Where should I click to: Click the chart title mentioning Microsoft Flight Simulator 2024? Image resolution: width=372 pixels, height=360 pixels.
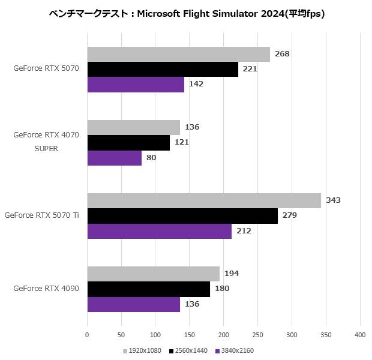pyautogui.click(x=186, y=13)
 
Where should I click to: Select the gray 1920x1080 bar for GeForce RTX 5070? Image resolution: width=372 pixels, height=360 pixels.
pyautogui.click(x=178, y=54)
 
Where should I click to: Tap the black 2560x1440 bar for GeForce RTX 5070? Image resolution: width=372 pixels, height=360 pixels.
pyautogui.click(x=163, y=69)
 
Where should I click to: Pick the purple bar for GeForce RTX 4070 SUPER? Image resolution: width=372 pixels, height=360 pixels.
pyautogui.click(x=115, y=158)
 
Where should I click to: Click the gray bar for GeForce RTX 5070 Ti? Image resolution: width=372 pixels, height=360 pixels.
pyautogui.click(x=204, y=200)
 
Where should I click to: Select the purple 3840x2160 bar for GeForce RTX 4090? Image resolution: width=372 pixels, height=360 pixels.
pyautogui.click(x=134, y=304)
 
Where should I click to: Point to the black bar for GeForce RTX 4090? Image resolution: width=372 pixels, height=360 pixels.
pyautogui.click(x=149, y=289)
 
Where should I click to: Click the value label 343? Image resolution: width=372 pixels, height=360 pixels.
pyautogui.click(x=333, y=200)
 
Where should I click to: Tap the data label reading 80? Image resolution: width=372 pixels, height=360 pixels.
pyautogui.click(x=151, y=158)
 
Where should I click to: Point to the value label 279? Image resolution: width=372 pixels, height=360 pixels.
pyautogui.click(x=290, y=215)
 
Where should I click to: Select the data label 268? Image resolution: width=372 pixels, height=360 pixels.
pyautogui.click(x=282, y=54)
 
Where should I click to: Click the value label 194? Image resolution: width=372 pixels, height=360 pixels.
pyautogui.click(x=232, y=274)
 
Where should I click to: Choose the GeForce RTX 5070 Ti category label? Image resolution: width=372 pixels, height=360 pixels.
pyautogui.click(x=41, y=215)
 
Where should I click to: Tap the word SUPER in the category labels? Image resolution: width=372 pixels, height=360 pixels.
pyautogui.click(x=46, y=149)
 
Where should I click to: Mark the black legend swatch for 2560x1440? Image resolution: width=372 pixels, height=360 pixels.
pyautogui.click(x=172, y=350)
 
